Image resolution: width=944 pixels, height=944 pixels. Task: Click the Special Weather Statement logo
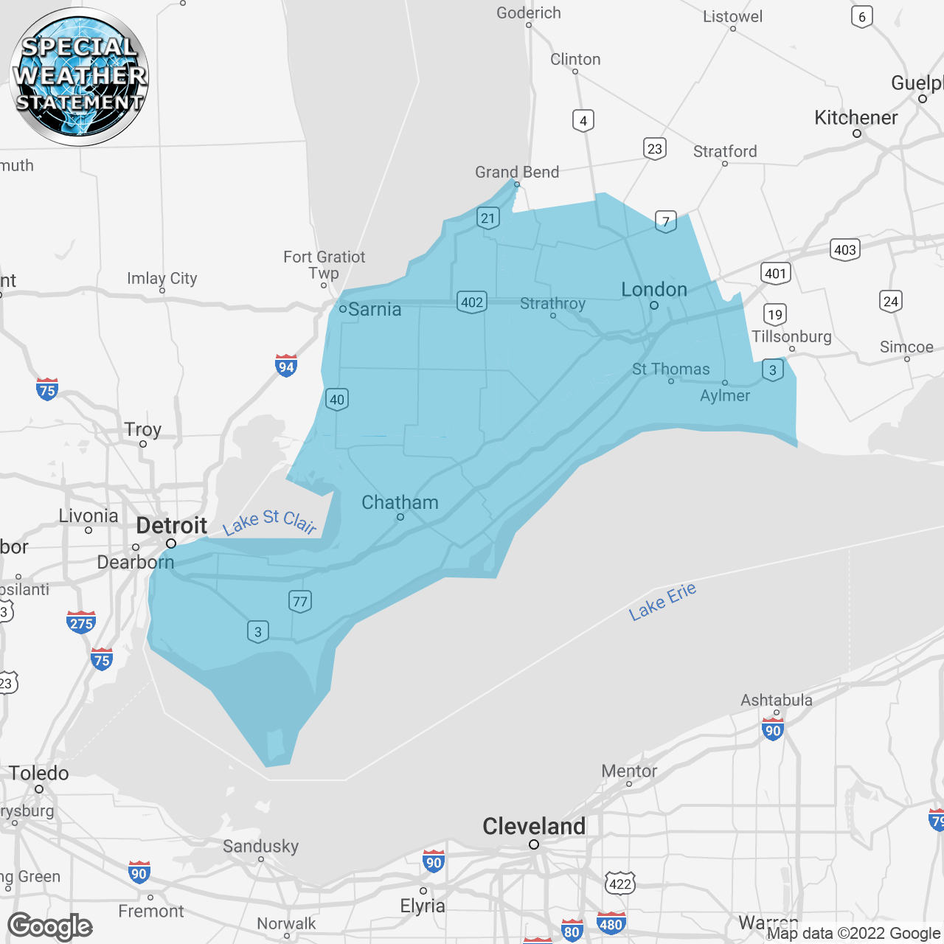(79, 76)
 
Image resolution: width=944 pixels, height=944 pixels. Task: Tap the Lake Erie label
(662, 601)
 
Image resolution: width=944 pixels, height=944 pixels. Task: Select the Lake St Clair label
(270, 521)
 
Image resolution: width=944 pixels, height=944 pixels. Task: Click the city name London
(654, 290)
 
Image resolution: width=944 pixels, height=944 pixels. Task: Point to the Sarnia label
(375, 309)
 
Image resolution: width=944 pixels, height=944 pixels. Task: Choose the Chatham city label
(400, 502)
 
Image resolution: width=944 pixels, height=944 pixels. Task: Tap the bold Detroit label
(172, 526)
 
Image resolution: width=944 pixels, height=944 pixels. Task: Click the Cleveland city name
(534, 826)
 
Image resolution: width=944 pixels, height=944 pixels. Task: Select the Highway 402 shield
(472, 302)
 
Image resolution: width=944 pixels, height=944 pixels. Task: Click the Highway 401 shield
(775, 274)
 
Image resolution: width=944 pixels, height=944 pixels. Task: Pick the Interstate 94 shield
(286, 366)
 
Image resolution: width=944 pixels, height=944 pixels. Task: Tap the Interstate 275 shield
(81, 622)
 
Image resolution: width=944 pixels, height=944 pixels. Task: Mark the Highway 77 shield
(299, 601)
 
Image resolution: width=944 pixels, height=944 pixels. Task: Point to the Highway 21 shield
(488, 218)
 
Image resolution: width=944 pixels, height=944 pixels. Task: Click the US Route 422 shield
(620, 883)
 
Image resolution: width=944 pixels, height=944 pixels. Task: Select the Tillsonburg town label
(791, 336)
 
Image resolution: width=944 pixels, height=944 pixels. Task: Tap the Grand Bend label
(517, 172)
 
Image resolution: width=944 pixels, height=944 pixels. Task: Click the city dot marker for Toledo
(39, 789)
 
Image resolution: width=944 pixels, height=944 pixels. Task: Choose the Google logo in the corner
(50, 926)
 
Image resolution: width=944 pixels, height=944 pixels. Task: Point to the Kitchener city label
(855, 117)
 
